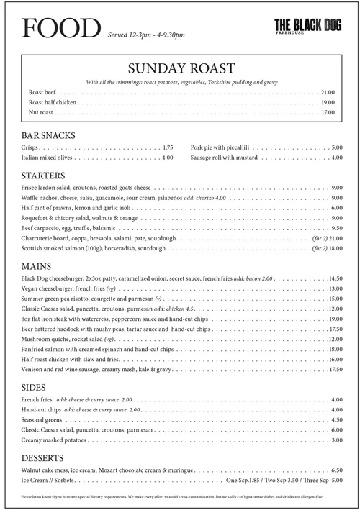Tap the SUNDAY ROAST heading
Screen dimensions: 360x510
[180, 68]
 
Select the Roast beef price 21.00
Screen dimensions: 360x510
[328, 93]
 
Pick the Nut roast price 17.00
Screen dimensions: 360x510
[328, 113]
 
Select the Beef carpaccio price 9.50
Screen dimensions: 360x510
[336, 228]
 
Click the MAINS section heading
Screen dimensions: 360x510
[40, 265]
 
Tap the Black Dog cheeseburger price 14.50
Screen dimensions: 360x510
[335, 278]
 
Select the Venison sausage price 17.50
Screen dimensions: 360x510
[335, 370]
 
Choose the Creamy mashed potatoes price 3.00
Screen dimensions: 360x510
[336, 440]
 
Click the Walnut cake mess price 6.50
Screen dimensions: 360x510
[336, 470]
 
